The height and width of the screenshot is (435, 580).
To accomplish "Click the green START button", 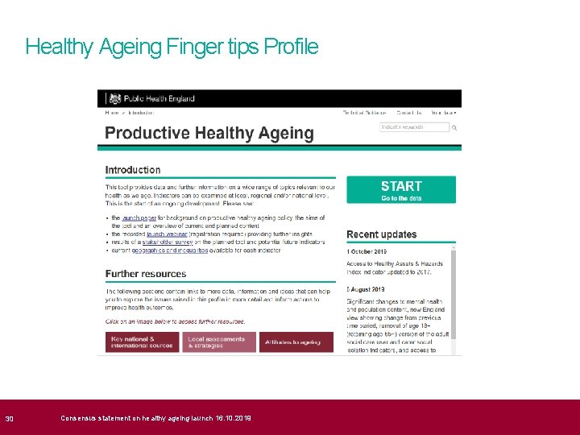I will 401,189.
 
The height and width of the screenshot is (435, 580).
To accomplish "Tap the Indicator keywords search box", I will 414,127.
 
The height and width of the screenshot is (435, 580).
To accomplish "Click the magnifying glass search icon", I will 455,127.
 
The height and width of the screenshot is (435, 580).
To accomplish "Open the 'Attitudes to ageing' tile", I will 296,342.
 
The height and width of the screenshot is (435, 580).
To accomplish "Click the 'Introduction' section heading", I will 133,170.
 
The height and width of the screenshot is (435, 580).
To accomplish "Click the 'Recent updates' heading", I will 382,234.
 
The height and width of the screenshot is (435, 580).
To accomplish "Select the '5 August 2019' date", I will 367,288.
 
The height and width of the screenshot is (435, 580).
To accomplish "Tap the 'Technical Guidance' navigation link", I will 364,113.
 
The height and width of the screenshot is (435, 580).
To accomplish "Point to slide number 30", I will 10,418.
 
